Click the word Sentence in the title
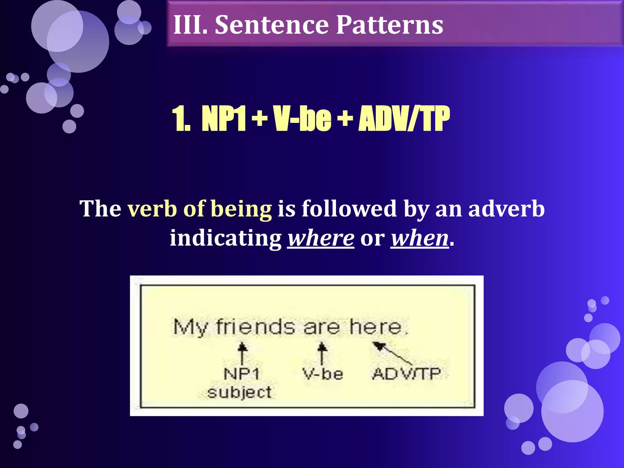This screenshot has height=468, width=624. [271, 25]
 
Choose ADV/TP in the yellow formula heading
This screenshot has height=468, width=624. [404, 119]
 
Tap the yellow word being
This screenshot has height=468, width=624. [241, 210]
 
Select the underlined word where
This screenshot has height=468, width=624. [321, 238]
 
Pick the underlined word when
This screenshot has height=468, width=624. [420, 238]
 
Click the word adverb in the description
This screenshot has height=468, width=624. [506, 209]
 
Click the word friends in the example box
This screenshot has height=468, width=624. [255, 327]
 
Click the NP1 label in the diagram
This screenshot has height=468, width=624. [241, 374]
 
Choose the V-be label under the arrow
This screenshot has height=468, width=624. [323, 374]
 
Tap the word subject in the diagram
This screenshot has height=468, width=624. [239, 392]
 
